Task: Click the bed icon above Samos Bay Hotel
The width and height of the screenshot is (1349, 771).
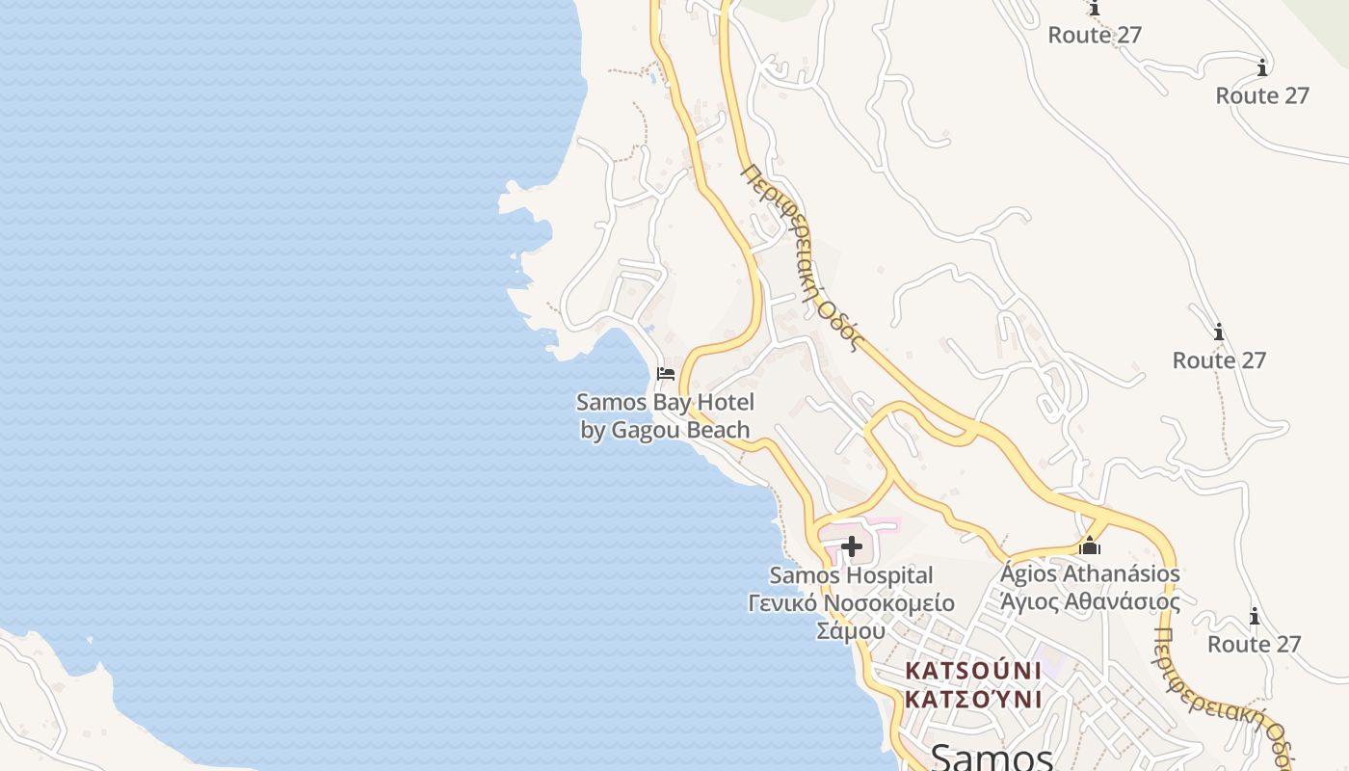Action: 665,373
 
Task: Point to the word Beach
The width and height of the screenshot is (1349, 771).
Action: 718,430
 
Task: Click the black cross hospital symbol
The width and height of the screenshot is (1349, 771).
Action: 852,547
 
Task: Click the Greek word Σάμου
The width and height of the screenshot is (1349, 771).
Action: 850,631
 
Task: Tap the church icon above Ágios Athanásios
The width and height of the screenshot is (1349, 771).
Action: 1090,545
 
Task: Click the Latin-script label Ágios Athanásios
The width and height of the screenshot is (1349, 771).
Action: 1090,574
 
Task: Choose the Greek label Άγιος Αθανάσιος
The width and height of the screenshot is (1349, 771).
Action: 1090,602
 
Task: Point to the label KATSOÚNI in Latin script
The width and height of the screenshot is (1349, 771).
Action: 973,671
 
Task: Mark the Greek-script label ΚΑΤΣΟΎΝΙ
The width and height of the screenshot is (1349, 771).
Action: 973,699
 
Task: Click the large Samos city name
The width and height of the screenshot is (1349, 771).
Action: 992,758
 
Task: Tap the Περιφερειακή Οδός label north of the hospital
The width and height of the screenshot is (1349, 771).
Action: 799,256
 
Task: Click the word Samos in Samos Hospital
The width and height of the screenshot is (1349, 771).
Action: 804,575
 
